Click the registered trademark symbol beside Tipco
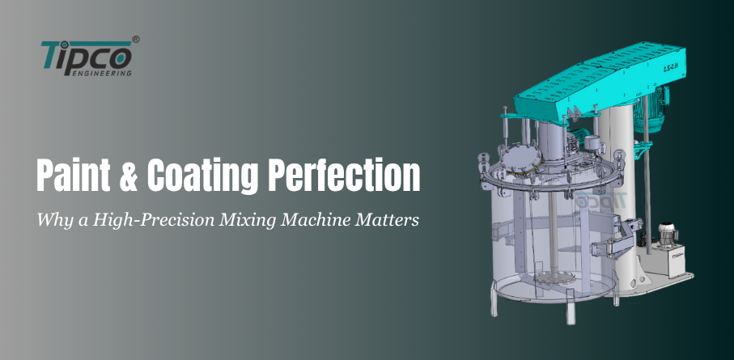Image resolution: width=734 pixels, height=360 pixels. coord(135,38)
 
